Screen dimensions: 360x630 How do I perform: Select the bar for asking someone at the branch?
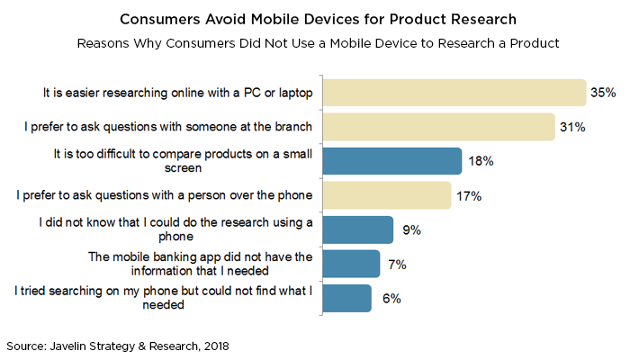pos(438,127)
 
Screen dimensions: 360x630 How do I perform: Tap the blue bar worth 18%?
pos(392,161)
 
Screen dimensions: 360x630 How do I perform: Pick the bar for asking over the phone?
pos(387,195)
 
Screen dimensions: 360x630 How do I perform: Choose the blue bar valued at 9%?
pos(358,229)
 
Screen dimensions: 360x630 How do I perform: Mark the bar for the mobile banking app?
pos(351,264)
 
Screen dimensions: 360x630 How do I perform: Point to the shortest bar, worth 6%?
pos(347,298)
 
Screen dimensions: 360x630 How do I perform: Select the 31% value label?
pos(572,127)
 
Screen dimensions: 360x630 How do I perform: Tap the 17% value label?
pos(469,195)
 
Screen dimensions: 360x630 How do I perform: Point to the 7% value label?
pos(396,264)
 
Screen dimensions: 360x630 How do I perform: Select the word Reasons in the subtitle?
pos(105,42)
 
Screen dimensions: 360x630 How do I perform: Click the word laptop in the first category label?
pos(289,93)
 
